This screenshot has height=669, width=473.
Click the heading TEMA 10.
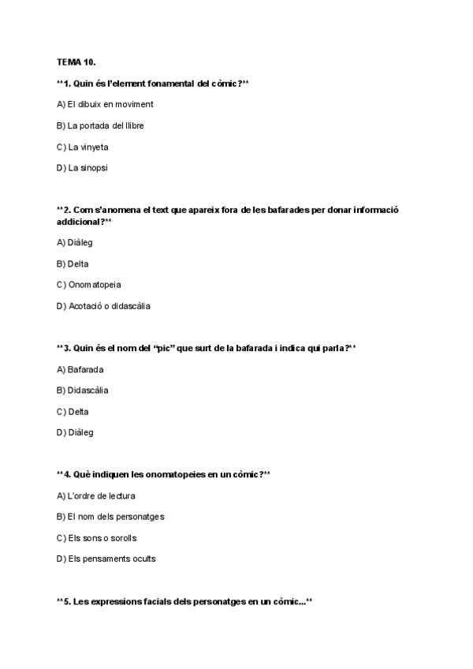click(76, 62)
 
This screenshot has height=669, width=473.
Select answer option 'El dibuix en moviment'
click(105, 104)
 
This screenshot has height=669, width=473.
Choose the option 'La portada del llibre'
click(100, 125)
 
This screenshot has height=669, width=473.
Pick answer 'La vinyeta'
click(83, 147)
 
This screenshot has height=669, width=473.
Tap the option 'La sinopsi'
click(82, 167)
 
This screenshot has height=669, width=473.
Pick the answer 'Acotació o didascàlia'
click(102, 306)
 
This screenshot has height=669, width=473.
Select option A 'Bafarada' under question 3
click(80, 369)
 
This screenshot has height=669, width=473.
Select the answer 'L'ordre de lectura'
click(96, 495)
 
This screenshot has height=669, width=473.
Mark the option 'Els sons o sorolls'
click(97, 538)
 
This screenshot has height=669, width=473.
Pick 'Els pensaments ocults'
click(106, 559)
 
